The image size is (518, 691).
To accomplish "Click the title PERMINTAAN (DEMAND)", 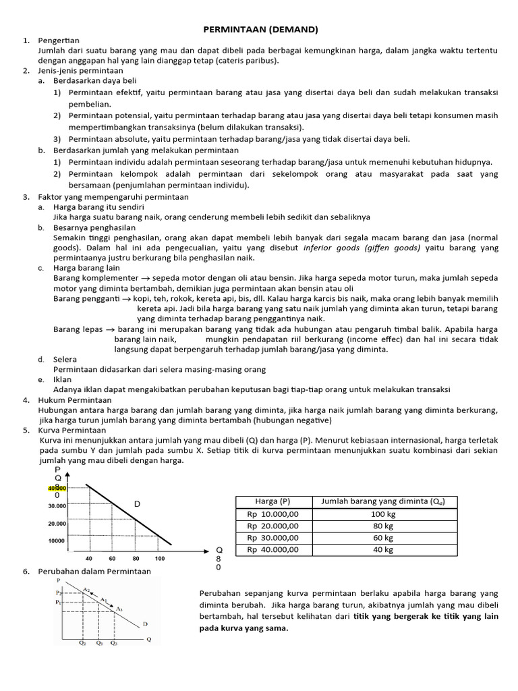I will pos(260,30).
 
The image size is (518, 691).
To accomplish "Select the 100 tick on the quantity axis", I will pos(159,559).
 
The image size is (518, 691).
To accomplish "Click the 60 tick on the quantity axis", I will pos(112,559).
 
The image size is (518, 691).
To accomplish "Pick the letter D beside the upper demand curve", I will pos(137,504).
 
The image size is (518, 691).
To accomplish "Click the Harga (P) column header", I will pos(272,501).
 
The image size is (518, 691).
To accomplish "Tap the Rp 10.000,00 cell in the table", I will pos(272,514).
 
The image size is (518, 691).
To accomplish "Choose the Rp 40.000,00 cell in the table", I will pos(272,549).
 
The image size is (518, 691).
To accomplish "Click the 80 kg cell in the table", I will pos(383,526).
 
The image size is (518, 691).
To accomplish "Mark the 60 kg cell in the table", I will pos(383,538).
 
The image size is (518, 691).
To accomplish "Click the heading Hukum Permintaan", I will pos(74,400).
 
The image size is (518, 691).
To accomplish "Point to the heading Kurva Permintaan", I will pos(72,430).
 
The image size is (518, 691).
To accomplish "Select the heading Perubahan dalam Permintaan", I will pos(95,571).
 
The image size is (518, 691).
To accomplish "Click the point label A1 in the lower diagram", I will pos(103,599).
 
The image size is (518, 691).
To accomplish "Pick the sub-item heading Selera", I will pos(65,360).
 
